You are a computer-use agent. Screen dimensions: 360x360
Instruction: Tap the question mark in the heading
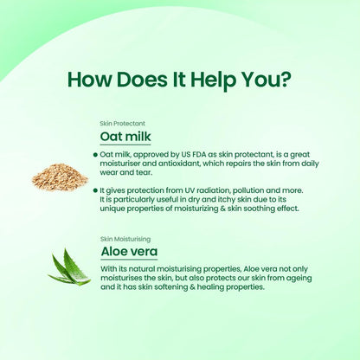pos(282,79)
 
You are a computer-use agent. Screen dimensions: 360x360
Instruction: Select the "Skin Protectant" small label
pos(122,124)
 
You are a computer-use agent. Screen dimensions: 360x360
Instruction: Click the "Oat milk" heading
pos(125,136)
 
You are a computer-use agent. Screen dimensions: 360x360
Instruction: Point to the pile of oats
pos(60,177)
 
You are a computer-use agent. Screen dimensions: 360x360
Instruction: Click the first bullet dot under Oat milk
pos(95,155)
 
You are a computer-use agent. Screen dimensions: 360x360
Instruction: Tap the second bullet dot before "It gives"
pos(95,190)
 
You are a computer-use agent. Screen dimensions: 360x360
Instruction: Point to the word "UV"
pos(190,190)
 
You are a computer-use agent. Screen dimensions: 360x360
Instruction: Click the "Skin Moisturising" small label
pos(125,239)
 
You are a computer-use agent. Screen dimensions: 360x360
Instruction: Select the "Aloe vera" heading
pos(129,252)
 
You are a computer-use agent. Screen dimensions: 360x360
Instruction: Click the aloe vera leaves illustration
pos(69,267)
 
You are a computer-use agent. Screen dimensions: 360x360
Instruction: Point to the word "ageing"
pos(299,279)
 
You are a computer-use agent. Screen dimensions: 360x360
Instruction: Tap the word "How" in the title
pos(89,80)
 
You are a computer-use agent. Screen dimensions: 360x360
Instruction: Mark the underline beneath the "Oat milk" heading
pos(125,145)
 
